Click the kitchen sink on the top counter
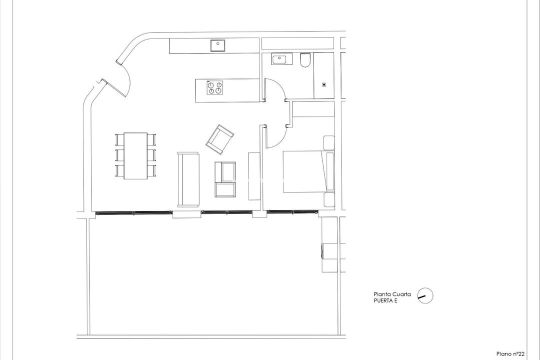(217, 46)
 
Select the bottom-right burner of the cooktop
(218, 91)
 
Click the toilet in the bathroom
(305, 61)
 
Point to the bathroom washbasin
(279, 60)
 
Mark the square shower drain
(324, 84)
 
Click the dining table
(135, 155)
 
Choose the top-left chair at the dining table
(119, 138)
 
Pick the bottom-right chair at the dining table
(151, 170)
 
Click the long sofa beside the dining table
(188, 179)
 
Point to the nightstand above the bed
(328, 142)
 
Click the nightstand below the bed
(328, 199)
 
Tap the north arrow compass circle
(425, 296)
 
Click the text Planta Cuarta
(392, 294)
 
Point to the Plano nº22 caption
(510, 354)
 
